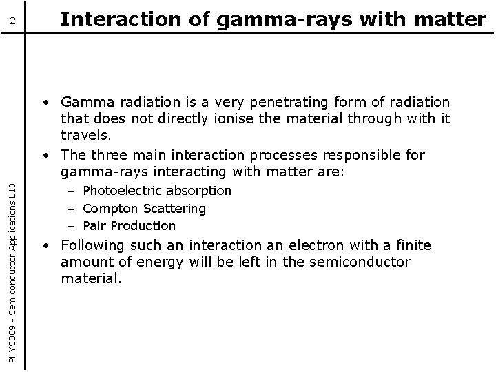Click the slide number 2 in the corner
(x=12, y=23)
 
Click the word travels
(x=86, y=135)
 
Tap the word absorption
(x=198, y=190)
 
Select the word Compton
(x=107, y=208)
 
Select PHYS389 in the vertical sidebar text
(x=15, y=345)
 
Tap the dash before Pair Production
(x=71, y=225)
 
